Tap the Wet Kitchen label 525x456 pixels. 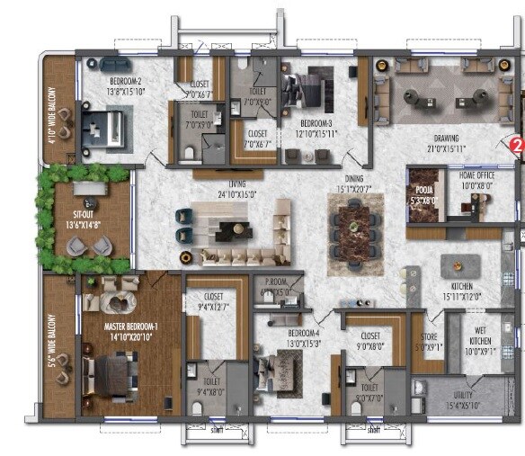click(x=481, y=347)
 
